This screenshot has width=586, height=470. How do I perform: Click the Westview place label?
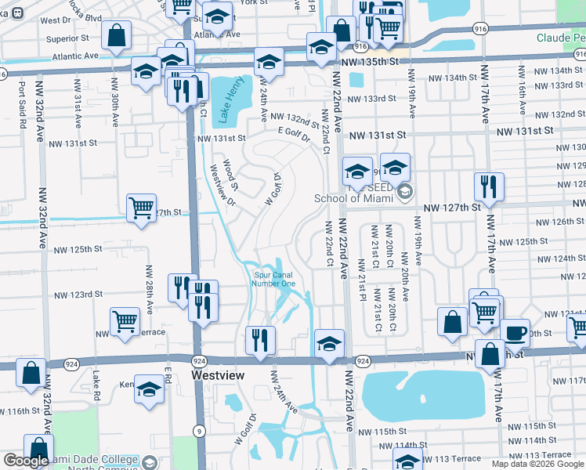(219, 376)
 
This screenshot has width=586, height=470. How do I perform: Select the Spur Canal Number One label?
(274, 279)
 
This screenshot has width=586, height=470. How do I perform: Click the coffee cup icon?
(515, 332)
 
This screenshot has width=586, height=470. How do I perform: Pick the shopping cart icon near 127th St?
(141, 208)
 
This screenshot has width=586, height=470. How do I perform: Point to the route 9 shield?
(200, 430)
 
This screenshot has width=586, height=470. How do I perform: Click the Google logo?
(25, 461)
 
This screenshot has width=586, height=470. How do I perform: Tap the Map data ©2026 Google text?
(537, 464)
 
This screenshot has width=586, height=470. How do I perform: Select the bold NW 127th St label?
(452, 208)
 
